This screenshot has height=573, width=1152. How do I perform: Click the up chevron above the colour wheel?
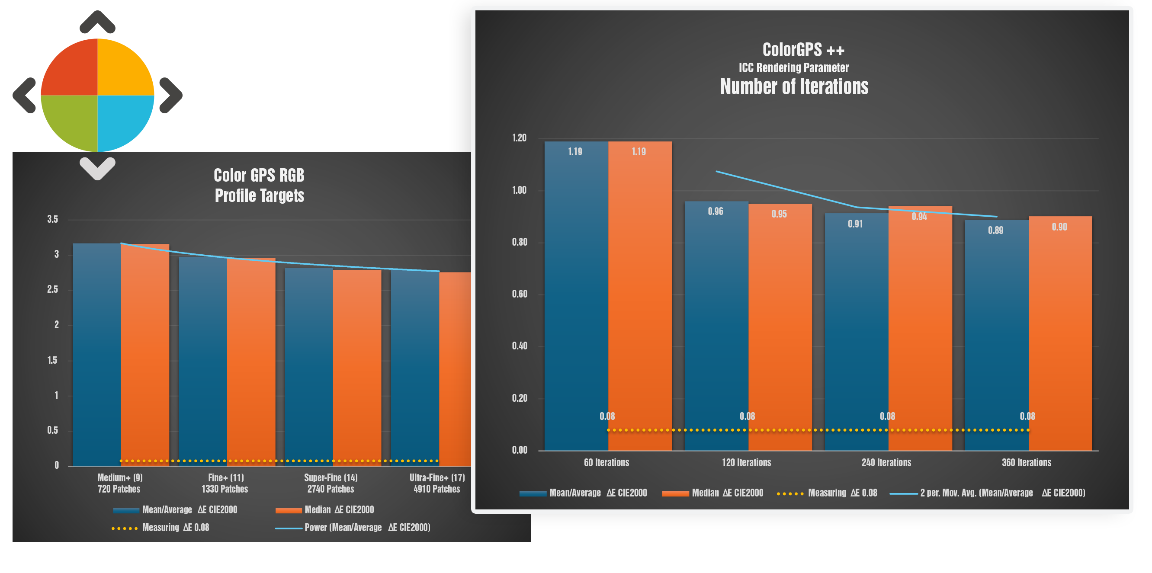pyautogui.click(x=97, y=22)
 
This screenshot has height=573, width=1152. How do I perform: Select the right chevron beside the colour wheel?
pyautogui.click(x=171, y=95)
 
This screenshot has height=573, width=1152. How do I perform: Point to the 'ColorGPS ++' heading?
pyautogui.click(x=803, y=50)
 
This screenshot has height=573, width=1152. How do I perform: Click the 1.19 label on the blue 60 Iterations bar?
pyautogui.click(x=575, y=152)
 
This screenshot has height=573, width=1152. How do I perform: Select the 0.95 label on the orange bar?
pyautogui.click(x=779, y=214)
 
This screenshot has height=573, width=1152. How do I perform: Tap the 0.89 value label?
pyautogui.click(x=995, y=230)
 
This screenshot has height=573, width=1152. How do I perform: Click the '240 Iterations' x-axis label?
pyautogui.click(x=886, y=463)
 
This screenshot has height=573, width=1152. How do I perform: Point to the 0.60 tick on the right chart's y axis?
pyautogui.click(x=519, y=294)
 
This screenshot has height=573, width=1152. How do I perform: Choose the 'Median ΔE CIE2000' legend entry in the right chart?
pyautogui.click(x=713, y=493)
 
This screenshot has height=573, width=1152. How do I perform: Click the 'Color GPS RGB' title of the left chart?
pyautogui.click(x=259, y=176)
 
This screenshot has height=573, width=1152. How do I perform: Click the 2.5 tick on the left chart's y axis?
pyautogui.click(x=53, y=290)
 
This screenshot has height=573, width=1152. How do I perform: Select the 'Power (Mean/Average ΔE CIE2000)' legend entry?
pyautogui.click(x=353, y=528)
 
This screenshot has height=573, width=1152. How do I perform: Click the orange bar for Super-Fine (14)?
pyautogui.click(x=357, y=367)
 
